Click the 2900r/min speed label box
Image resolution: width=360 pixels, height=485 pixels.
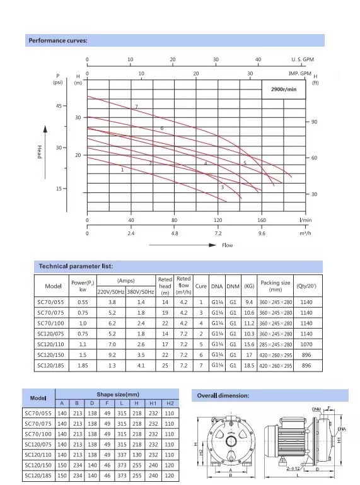coord(284,90)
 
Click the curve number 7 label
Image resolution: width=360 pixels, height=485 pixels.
coord(136,107)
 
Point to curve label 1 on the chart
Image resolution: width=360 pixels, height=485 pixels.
coord(122,170)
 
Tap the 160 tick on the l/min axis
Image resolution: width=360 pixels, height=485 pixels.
coord(262,220)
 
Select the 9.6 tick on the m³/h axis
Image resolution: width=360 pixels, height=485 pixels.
coord(262,233)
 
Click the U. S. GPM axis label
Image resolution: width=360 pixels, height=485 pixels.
coord(302,59)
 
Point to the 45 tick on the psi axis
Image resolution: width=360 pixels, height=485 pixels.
coord(59,106)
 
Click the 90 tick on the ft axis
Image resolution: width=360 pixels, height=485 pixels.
coord(314,122)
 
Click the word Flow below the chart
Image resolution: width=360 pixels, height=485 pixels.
coord(228,245)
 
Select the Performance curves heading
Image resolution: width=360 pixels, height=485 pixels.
coord(58,40)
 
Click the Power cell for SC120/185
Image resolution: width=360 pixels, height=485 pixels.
coord(83,366)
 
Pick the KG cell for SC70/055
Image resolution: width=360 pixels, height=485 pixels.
coord(249,302)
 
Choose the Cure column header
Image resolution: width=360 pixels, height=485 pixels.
coord(200,286)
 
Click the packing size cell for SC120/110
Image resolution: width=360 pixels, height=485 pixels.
coord(276,344)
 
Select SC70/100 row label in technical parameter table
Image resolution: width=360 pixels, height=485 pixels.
coord(50,324)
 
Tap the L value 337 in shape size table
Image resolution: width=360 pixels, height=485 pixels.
coord(122,455)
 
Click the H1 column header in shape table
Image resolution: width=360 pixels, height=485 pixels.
coord(153,404)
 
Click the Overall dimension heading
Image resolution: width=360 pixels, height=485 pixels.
coord(223,395)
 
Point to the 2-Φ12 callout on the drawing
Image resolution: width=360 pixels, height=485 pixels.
coord(293,469)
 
